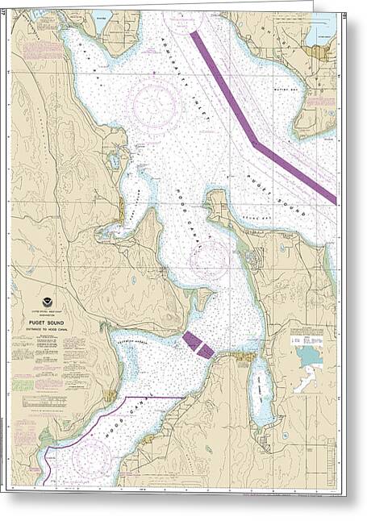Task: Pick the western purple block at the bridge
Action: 192,340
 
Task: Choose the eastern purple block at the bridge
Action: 206,351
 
